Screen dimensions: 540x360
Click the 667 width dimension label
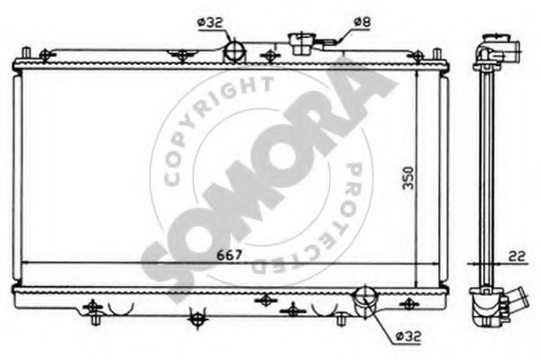click(229, 255)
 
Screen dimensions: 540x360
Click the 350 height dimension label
click(408, 178)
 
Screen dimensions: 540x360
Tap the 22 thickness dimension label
click(517, 256)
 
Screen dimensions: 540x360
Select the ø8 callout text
click(362, 22)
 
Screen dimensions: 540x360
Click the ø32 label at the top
click(210, 23)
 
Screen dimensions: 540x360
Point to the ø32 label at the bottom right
click(408, 336)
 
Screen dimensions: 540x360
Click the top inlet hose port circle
click(234, 51)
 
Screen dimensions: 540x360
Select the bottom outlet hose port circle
click(365, 296)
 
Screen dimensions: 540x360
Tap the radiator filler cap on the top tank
click(301, 43)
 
